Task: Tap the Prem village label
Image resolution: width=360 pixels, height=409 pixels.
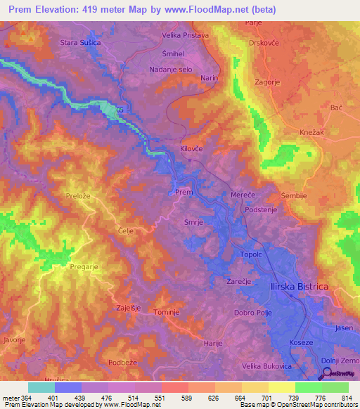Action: click(183, 192)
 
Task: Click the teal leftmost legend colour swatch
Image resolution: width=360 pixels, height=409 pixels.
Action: click(41, 387)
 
